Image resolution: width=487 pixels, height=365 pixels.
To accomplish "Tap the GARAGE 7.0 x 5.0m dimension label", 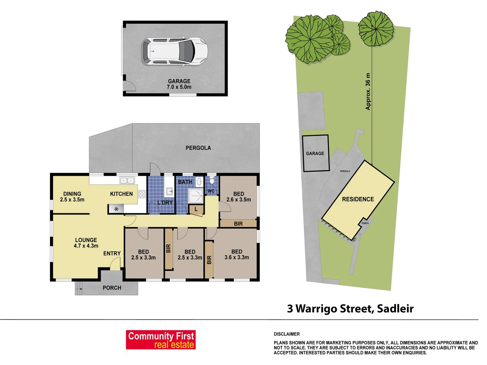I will point(179,84).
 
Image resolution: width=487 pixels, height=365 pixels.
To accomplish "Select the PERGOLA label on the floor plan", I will point(198,148).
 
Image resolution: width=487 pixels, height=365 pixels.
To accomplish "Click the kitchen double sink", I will point(127,180).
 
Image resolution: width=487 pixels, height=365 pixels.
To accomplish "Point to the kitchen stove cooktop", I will point(142,194).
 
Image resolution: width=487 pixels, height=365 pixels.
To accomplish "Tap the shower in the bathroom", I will point(195,196).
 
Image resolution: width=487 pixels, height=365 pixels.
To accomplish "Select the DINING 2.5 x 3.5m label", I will point(72,197).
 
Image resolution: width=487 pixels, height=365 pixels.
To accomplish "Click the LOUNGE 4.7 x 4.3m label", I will point(86,243).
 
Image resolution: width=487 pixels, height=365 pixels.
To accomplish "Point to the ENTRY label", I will point(112,253).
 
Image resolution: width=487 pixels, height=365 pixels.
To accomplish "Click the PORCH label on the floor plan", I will point(112,288).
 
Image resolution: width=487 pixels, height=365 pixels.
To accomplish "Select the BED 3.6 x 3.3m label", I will point(237,254).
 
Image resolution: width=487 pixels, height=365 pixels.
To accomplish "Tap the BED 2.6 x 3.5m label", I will point(239,197).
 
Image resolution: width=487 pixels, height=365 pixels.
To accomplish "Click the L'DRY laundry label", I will point(165,202).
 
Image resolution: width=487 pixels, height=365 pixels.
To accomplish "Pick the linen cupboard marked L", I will point(196,210).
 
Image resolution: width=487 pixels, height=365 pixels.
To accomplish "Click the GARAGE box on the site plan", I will point(315,153).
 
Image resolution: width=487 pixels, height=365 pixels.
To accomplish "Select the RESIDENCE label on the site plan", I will point(358,199).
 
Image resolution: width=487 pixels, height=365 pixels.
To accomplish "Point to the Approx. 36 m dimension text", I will point(368,92).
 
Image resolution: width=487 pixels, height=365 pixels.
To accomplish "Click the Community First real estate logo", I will point(161,340).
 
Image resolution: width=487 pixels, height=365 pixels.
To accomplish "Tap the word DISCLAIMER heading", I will point(287,334).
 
